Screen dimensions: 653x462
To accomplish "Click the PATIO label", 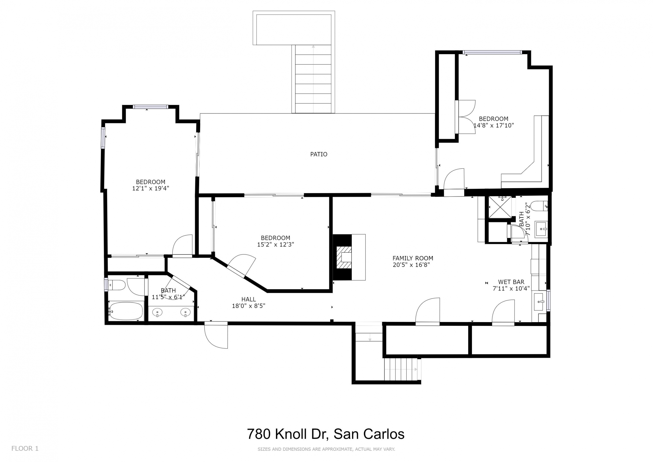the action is tap(319, 154).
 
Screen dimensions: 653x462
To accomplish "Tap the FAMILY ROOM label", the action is tap(413, 258).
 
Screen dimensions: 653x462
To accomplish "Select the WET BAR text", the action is tap(511, 282).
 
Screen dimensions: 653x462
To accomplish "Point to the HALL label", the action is tap(248, 299).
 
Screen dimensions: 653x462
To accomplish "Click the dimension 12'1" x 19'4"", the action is tap(151, 188).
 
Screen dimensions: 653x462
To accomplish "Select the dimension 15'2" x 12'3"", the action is tap(275, 244).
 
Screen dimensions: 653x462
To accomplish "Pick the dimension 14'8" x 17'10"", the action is tap(494, 125).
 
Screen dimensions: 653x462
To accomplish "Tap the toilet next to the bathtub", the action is tap(117, 285).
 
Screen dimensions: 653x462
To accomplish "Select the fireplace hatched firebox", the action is tap(344, 258).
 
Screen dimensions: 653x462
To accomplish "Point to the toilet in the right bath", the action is tap(539, 206).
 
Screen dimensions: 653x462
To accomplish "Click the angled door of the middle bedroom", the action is tap(241, 265).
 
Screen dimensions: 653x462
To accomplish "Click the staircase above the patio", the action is tap(313, 79).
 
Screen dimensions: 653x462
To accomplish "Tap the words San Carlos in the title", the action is tap(369, 434).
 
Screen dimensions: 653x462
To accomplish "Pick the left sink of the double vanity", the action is tap(157, 313).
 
